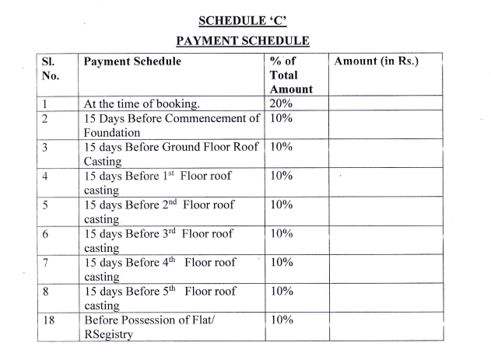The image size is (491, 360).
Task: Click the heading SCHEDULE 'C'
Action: [x=245, y=20]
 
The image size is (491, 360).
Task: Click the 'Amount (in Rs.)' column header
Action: [x=376, y=61]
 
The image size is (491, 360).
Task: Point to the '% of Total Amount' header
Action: [x=290, y=75]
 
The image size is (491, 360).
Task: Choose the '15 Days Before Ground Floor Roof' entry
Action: [x=172, y=147]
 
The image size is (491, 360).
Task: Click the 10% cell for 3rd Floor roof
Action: [x=281, y=234]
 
